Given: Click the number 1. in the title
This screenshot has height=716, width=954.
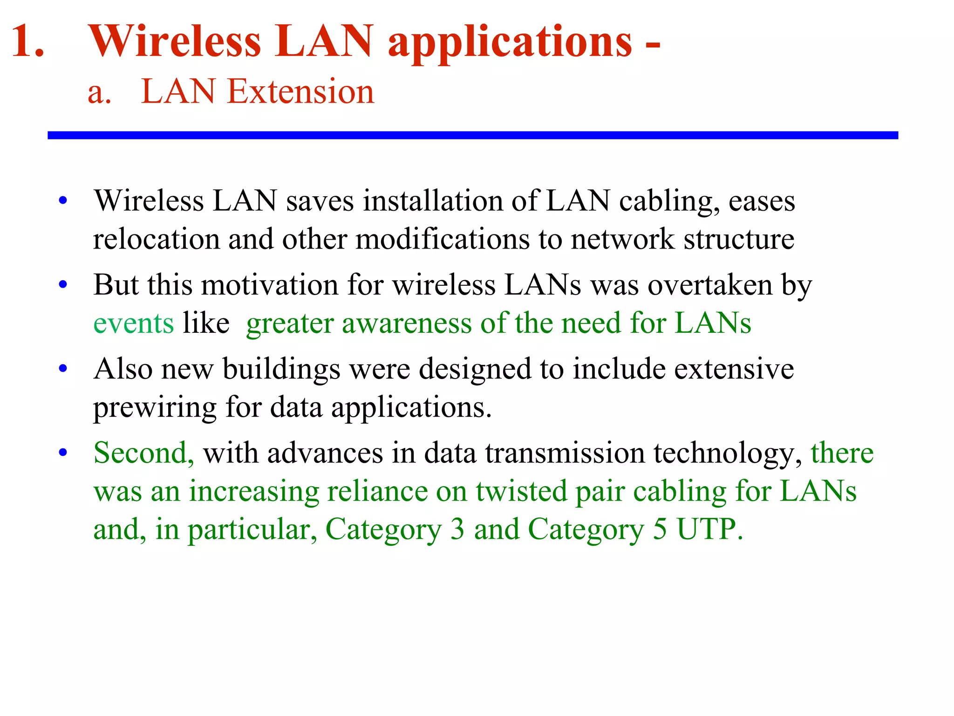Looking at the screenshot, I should click(x=28, y=42).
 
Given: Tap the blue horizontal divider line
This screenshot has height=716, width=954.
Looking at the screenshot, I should click(x=472, y=135).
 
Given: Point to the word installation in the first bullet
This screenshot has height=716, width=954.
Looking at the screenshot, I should click(x=433, y=201).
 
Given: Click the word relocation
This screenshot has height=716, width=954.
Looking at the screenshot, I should click(x=156, y=239).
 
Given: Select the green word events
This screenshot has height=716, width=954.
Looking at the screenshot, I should click(x=134, y=323).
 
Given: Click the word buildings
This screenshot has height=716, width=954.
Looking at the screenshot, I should click(x=281, y=369).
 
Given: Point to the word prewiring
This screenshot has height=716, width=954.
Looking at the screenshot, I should click(x=155, y=407).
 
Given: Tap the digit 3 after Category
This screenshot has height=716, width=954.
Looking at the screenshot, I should click(x=457, y=529).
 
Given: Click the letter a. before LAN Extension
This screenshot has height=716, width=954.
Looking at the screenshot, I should click(x=100, y=92).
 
